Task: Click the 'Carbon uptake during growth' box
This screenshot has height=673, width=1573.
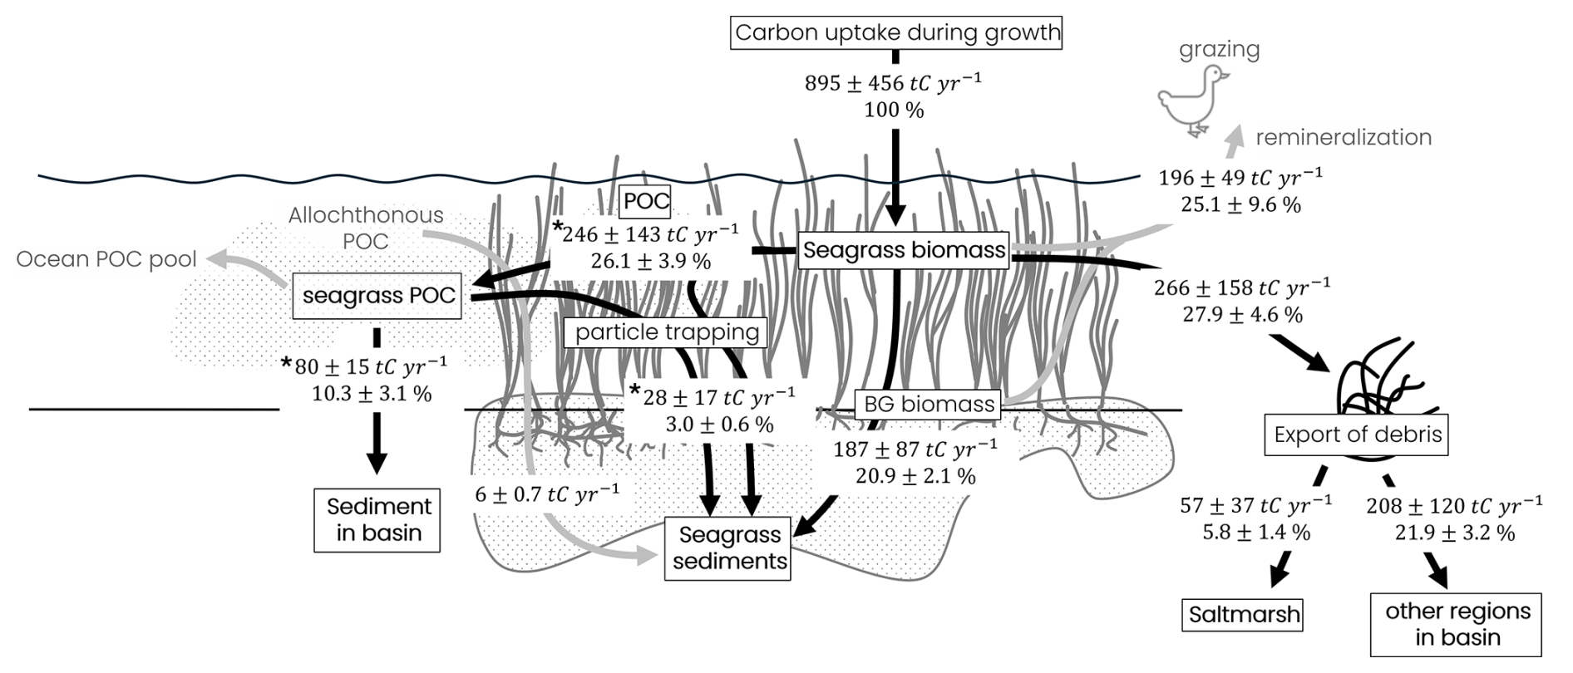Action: click(897, 33)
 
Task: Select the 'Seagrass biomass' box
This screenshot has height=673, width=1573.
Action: click(904, 250)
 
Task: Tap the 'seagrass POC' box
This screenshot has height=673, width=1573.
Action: click(378, 295)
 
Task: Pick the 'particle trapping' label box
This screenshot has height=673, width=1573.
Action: click(667, 332)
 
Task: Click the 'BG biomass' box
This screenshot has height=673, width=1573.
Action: click(929, 405)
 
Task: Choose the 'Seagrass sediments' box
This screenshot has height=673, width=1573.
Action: click(730, 548)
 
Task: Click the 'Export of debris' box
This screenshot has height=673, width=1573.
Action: click(1357, 435)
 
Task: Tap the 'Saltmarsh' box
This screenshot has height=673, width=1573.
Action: click(1244, 616)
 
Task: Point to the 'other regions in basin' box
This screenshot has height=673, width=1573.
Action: click(1457, 625)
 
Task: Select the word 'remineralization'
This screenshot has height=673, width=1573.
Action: click(1344, 137)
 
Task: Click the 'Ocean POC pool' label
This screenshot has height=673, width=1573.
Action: click(106, 259)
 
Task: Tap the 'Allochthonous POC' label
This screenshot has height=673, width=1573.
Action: click(366, 228)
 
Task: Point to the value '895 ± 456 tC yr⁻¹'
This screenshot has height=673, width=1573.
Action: click(894, 82)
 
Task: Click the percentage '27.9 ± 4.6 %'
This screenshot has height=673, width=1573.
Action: click(1242, 315)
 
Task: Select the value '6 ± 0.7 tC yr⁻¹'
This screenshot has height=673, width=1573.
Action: click(547, 494)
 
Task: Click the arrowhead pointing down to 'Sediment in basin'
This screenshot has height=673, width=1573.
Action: click(377, 461)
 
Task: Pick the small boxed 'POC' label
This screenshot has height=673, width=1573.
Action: click(646, 201)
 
